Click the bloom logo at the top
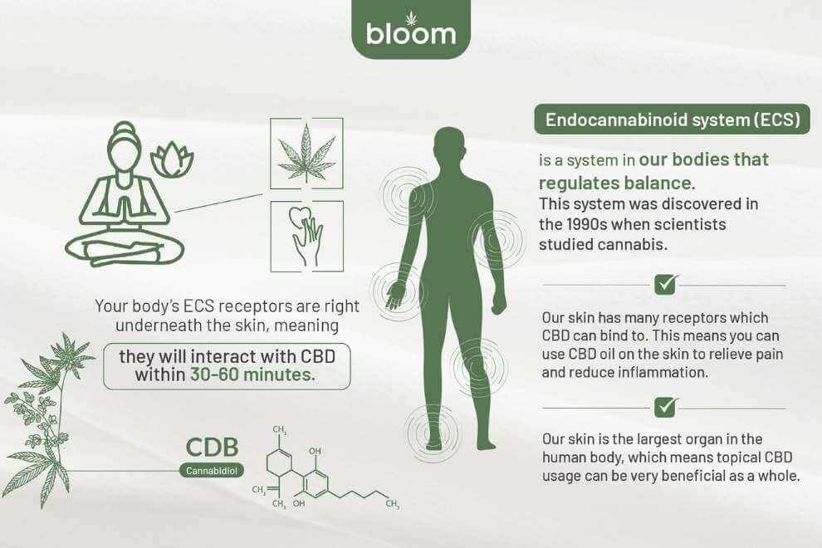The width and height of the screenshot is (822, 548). [411, 31]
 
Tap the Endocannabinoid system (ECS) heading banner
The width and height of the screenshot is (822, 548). [672, 120]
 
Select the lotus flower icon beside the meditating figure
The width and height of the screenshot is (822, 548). [171, 159]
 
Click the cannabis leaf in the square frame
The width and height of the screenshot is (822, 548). [306, 153]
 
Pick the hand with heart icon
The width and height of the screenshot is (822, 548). [306, 236]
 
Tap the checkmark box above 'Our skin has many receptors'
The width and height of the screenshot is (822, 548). [665, 285]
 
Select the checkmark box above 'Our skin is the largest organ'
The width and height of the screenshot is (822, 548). [665, 407]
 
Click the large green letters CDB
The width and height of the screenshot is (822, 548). [213, 448]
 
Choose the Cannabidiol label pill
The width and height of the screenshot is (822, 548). [211, 471]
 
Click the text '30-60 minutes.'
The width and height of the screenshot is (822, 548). [252, 374]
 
